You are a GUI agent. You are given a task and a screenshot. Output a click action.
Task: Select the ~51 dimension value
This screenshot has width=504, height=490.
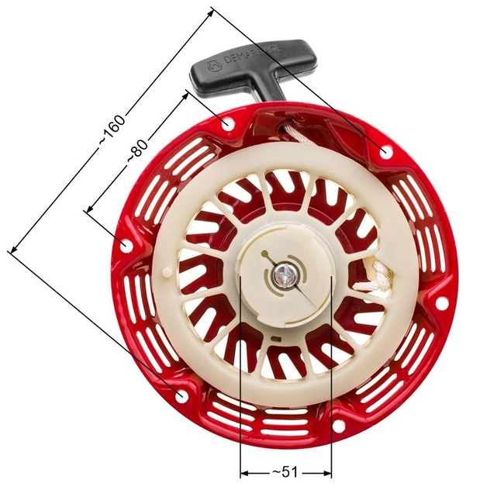pos(286,471)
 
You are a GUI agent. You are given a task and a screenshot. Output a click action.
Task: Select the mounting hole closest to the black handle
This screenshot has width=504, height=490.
pos(226,124)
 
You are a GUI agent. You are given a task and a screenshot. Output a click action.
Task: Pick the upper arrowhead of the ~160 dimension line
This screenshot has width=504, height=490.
pos(211,13)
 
